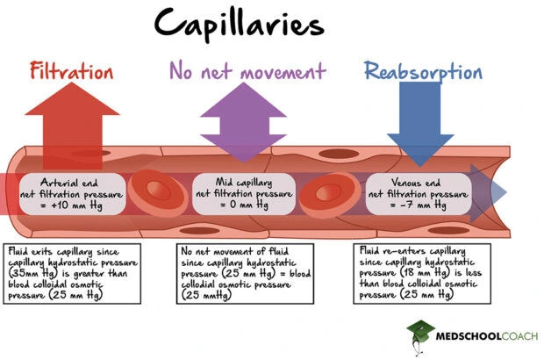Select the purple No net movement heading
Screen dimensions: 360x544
[247, 70]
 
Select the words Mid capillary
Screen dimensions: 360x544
[247, 182]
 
